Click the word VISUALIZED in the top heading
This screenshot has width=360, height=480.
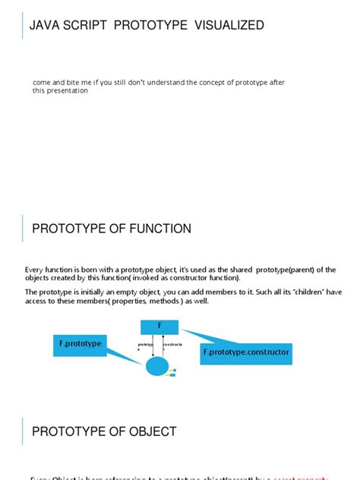click(x=228, y=26)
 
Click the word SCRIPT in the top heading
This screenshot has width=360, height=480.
click(x=83, y=26)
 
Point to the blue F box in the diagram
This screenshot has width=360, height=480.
click(x=159, y=327)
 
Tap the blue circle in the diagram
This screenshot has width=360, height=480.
click(x=156, y=367)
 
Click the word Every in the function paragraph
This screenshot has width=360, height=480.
click(x=36, y=270)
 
